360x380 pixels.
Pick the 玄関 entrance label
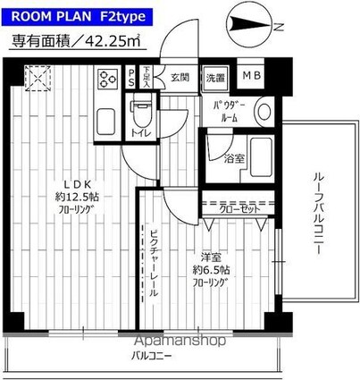pyautogui.click(x=180, y=77)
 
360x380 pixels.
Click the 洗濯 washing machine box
pyautogui.click(x=215, y=78)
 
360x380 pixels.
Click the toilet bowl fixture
pyautogui.click(x=139, y=114)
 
